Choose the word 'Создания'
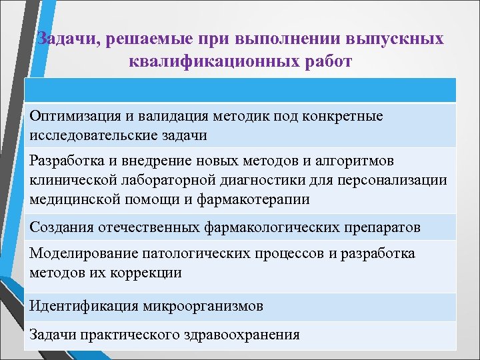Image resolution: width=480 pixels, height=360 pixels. pos(60,227)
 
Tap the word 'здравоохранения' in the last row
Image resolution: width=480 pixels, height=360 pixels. pos(239,335)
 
